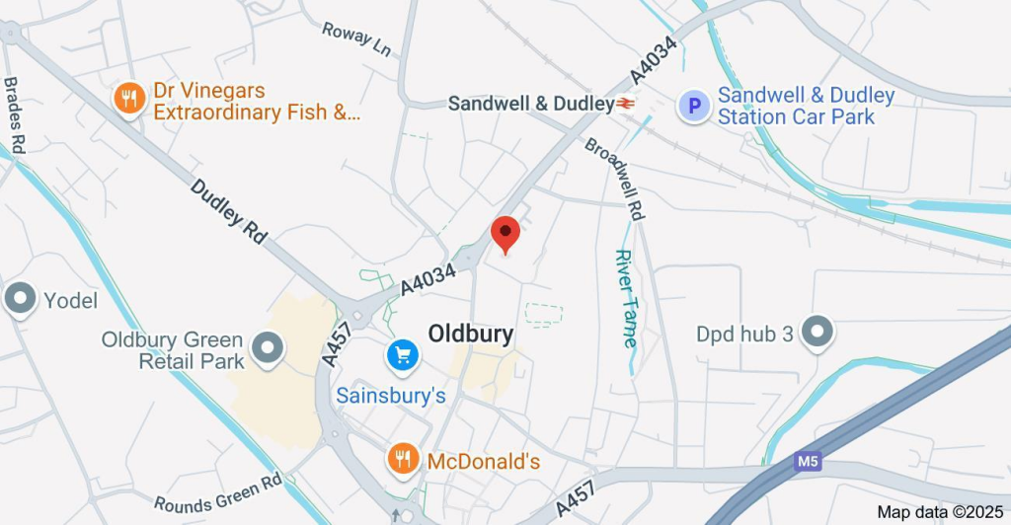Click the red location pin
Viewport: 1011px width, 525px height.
(505, 233)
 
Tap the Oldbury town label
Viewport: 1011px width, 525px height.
(471, 334)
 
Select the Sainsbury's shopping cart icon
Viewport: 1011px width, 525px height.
(402, 355)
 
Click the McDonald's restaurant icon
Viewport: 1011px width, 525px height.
(401, 458)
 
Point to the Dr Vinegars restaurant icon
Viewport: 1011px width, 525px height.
(128, 98)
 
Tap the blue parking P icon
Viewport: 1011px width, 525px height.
(695, 106)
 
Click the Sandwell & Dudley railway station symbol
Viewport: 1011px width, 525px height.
(626, 104)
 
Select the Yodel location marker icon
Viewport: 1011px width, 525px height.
(20, 298)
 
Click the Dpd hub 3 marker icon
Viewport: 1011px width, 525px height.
(817, 333)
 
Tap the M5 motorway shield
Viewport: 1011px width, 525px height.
(807, 461)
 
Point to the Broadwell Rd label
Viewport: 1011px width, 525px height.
(616, 178)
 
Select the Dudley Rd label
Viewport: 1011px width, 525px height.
(229, 211)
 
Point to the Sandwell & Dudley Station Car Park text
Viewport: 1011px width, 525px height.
(806, 107)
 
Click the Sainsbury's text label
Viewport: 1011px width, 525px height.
(392, 396)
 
